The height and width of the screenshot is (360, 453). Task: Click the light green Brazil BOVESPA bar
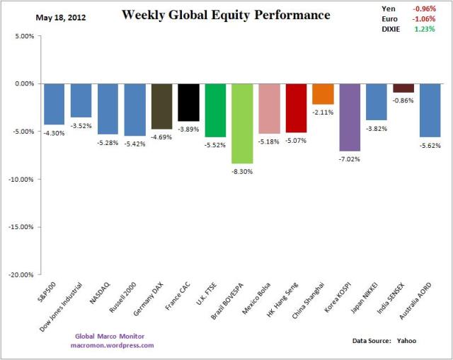click(242, 123)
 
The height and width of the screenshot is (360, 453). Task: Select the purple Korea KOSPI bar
click(350, 117)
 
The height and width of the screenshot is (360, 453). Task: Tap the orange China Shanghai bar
click(323, 94)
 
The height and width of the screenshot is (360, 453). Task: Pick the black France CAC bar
click(188, 102)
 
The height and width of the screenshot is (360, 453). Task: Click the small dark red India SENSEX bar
click(403, 88)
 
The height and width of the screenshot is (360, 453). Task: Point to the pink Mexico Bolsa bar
click(269, 108)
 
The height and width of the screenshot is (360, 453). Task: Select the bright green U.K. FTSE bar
click(215, 110)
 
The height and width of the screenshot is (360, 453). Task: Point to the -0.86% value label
click(403, 100)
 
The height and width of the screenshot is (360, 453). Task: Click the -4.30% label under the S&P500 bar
click(54, 132)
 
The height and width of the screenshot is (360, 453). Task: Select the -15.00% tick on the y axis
click(23, 227)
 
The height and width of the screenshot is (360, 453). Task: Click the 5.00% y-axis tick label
click(25, 35)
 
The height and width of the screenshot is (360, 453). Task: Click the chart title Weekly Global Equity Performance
click(226, 15)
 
